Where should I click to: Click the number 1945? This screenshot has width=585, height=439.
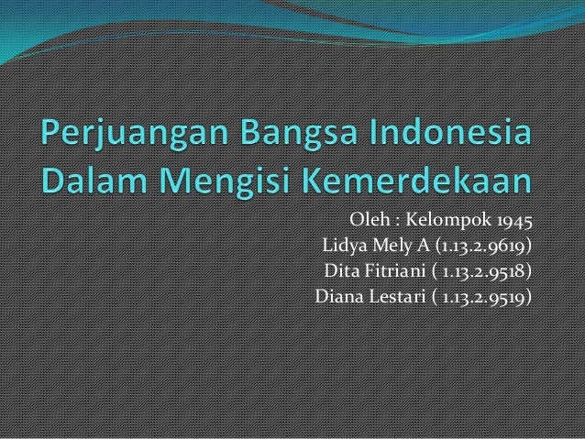point(512,222)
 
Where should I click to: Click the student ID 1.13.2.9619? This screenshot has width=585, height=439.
point(482,247)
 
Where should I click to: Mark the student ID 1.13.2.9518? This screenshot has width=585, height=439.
point(486,271)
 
